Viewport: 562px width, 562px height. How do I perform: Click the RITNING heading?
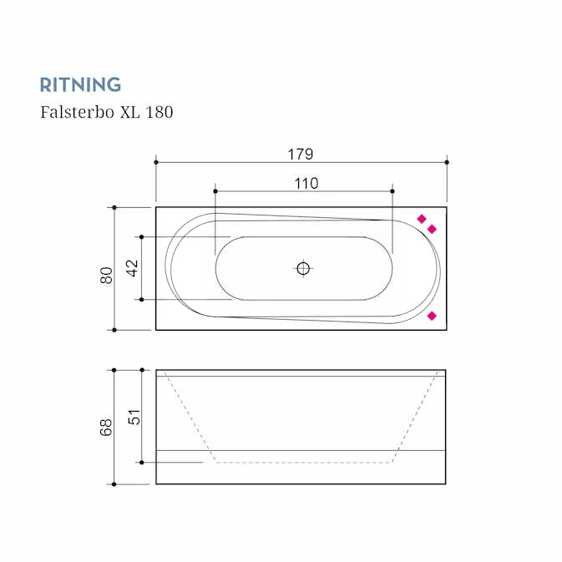pos(80,84)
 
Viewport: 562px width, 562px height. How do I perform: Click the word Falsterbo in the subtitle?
pos(77,112)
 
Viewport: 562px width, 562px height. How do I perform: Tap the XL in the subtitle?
pos(129,112)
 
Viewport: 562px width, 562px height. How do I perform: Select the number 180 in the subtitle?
pos(159,112)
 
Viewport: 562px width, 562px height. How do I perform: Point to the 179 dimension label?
pos(301,154)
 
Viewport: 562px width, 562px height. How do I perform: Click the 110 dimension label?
pos(306,184)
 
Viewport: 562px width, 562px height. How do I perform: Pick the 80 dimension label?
pos(106,276)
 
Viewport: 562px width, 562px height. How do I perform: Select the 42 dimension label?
pos(132,268)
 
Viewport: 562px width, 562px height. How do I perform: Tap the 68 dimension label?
pos(106,428)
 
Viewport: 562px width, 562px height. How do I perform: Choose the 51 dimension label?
pos(134,417)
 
